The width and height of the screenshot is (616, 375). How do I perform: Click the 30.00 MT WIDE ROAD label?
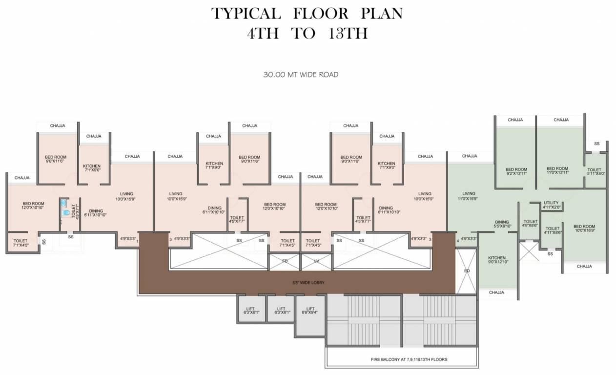(301, 75)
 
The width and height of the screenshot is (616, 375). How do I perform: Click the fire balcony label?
(409, 359)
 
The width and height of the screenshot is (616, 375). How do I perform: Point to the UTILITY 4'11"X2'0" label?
(551, 205)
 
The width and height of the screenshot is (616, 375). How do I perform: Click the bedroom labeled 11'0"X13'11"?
(557, 171)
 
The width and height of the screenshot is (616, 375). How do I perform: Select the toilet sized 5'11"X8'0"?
(595, 171)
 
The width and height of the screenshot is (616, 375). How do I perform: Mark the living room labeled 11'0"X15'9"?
(469, 196)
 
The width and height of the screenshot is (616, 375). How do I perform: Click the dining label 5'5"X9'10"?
(502, 224)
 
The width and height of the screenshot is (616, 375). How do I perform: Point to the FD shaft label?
(285, 261)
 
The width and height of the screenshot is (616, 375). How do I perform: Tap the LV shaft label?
(316, 261)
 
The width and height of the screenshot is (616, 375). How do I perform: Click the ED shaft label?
(467, 271)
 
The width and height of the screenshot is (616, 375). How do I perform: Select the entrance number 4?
(457, 240)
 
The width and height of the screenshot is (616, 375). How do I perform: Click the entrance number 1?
(137, 241)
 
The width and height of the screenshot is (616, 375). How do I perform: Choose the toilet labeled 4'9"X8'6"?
(529, 223)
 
